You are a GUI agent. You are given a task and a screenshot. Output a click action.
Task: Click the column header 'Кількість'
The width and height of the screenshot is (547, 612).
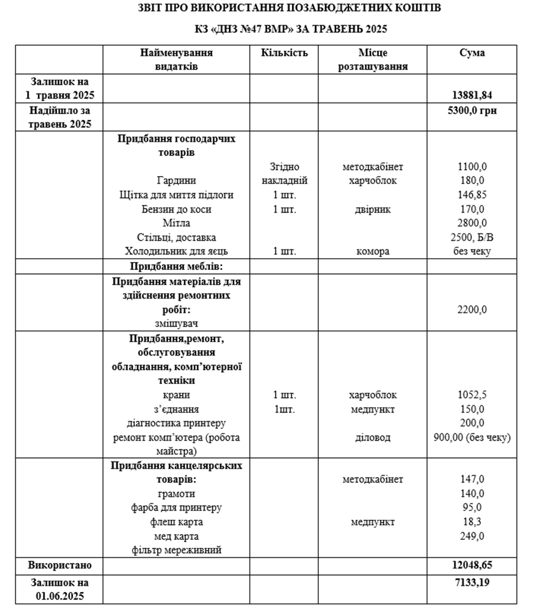284,53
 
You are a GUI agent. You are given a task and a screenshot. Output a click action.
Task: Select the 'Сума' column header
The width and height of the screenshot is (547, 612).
472,53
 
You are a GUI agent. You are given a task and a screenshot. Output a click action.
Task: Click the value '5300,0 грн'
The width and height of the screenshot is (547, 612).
472,111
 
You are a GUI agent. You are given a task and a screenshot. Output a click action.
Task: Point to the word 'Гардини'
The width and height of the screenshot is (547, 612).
176,181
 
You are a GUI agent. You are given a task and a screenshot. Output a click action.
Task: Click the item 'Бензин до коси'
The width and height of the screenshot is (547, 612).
176,209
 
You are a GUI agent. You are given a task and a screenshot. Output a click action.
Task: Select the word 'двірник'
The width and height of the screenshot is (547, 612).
372,209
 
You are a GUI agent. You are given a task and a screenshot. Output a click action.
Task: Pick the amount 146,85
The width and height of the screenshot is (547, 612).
472,195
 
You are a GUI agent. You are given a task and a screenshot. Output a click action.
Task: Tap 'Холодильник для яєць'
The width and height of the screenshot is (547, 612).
176,252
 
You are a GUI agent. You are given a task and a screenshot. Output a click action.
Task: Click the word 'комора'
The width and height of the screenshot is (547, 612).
372,252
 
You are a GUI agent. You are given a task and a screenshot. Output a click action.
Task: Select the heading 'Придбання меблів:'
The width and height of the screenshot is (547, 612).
176,266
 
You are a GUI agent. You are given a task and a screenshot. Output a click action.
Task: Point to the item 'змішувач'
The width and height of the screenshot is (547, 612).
176,323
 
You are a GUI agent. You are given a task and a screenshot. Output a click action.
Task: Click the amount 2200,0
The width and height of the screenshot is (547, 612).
472,310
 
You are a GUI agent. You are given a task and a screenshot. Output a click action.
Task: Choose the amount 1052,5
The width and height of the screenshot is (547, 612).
472,395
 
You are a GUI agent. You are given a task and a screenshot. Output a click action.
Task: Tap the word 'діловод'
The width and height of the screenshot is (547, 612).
372,438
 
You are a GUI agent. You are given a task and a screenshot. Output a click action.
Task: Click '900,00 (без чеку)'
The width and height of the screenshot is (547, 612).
472,438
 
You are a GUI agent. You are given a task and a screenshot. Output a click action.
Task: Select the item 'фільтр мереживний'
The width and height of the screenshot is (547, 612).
176,550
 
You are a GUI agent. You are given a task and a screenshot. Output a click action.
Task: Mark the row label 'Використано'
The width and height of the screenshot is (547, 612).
59,565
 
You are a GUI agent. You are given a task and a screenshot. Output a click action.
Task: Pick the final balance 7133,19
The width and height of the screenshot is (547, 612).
472,583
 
